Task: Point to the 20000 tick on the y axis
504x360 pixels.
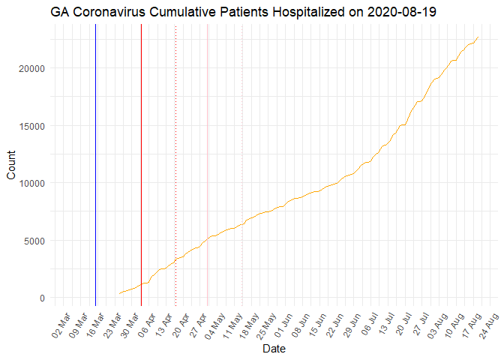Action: tap(32, 68)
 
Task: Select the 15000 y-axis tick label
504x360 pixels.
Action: tap(32, 126)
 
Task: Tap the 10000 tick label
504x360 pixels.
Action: tap(32, 183)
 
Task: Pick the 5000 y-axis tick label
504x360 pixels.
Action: tap(34, 241)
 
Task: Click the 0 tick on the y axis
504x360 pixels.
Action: tap(42, 298)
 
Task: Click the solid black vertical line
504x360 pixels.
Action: tap(95, 165)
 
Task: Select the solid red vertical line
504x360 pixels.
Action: tap(141, 165)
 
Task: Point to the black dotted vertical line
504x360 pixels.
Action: tap(175, 165)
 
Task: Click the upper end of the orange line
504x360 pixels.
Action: tap(478, 37)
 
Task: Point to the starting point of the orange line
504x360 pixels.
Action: tap(119, 293)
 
